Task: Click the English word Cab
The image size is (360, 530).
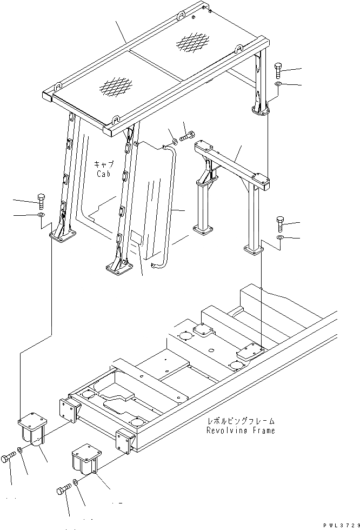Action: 103,174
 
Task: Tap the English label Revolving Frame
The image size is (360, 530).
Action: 240,430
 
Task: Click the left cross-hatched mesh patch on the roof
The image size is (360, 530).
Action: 115,84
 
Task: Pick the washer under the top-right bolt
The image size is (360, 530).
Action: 277,85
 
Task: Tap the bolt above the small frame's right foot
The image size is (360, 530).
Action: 279,223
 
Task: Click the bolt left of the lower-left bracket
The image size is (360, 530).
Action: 9,458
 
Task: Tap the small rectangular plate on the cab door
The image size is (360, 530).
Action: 135,239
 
